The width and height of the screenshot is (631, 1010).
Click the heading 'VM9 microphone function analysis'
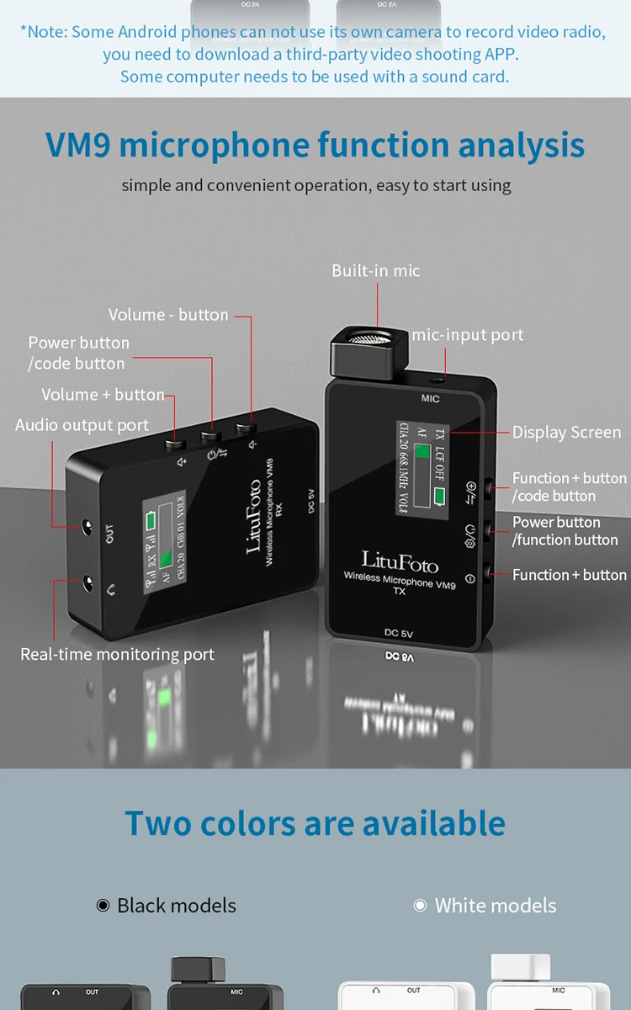click(x=315, y=145)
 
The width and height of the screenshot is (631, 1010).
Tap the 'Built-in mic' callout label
click(x=375, y=270)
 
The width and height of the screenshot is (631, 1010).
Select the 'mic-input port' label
click(x=467, y=335)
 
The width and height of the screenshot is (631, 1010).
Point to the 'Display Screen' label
click(x=566, y=432)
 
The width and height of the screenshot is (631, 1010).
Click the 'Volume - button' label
click(x=168, y=315)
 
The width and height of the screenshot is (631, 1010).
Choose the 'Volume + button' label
click(x=103, y=394)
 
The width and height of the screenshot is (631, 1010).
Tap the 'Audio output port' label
click(x=82, y=425)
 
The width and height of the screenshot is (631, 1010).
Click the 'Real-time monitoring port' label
click(x=117, y=654)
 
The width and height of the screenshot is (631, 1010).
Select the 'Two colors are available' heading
click(x=315, y=822)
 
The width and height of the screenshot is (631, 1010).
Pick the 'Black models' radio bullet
click(x=103, y=906)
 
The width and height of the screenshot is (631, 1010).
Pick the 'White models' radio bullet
click(x=421, y=906)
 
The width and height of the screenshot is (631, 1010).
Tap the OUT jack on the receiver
click(x=87, y=529)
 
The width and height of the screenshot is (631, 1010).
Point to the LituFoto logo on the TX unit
click(x=400, y=561)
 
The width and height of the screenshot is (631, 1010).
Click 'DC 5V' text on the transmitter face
click(x=402, y=633)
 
